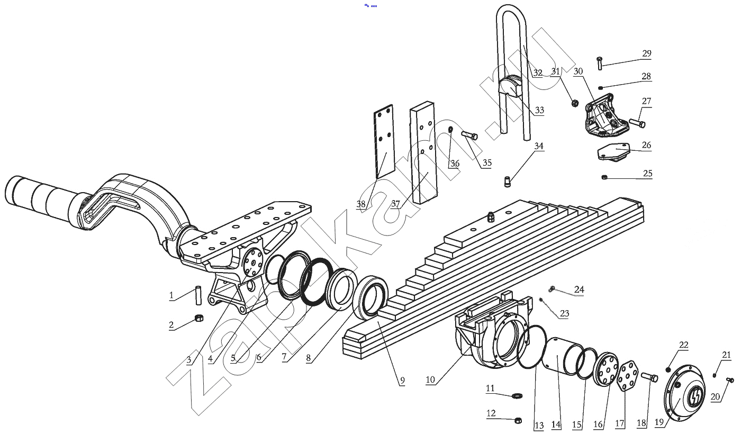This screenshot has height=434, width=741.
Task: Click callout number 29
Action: (x=647, y=53)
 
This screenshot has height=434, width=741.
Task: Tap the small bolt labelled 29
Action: (x=600, y=63)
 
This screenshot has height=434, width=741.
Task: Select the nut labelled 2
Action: (x=199, y=318)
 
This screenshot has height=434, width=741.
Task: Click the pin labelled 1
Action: (x=198, y=295)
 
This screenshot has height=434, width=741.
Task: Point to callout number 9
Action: (x=402, y=381)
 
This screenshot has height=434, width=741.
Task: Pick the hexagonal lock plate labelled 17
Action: (x=625, y=376)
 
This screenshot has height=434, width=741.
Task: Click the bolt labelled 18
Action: (x=649, y=377)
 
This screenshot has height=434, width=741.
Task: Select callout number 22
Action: (x=684, y=345)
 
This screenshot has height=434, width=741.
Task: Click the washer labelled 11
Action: (x=517, y=395)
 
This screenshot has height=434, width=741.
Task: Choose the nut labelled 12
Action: (x=518, y=420)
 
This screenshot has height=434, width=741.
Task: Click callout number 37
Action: (x=396, y=204)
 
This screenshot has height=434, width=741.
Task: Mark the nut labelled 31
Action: (x=575, y=103)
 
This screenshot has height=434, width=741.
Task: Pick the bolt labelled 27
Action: (x=637, y=123)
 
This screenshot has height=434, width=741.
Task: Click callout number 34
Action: (x=539, y=146)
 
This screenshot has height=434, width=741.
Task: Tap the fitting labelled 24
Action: (x=552, y=289)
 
